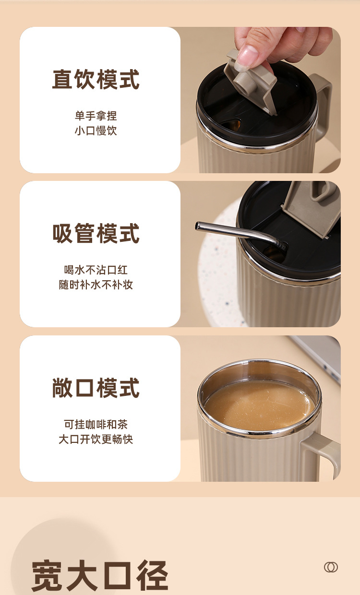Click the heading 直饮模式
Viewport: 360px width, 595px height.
96,79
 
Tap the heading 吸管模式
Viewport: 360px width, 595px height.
96,233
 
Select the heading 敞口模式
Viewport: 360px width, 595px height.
96,388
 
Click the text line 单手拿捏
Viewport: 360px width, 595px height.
96,116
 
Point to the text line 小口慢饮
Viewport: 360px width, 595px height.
96,131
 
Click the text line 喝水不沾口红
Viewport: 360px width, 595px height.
96,270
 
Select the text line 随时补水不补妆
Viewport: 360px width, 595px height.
96,285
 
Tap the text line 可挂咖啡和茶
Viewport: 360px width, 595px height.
96,424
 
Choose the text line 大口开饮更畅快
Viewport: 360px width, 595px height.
96,439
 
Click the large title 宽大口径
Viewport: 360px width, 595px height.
100,575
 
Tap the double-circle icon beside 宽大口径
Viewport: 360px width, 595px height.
331,567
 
